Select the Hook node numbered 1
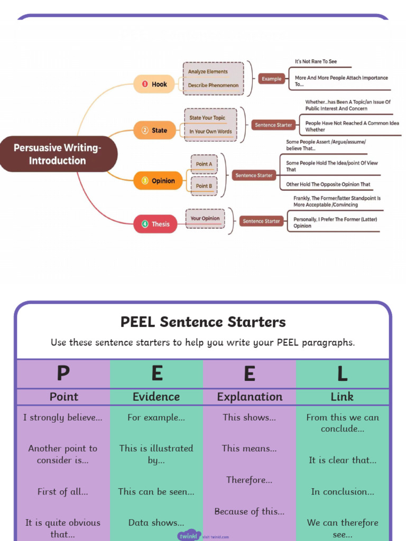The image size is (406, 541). (154, 84)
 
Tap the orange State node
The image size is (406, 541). (154, 130)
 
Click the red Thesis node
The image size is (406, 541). (155, 224)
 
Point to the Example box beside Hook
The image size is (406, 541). (271, 79)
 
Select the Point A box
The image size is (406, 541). (204, 164)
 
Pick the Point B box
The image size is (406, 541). (204, 186)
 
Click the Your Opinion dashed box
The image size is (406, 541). (205, 219)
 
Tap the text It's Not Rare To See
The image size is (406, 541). (316, 62)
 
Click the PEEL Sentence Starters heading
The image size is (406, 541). (203, 322)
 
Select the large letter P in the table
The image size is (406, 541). (63, 374)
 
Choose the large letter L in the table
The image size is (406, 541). (342, 374)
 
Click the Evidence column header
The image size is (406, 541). (156, 397)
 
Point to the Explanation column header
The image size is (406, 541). (250, 397)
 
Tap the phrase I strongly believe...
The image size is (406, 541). (63, 417)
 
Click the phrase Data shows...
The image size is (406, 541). (156, 523)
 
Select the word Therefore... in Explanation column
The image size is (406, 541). (249, 480)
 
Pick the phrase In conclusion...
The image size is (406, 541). (342, 491)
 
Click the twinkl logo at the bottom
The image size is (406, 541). (189, 535)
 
